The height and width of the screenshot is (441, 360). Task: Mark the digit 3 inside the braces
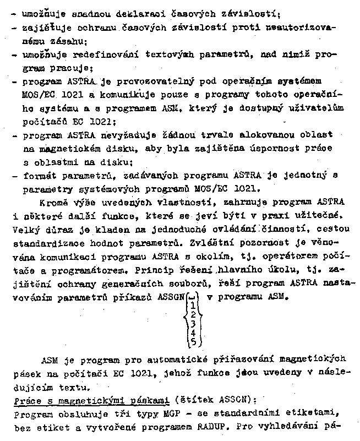tap(193, 324)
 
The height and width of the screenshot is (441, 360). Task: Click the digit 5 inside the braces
tap(193, 342)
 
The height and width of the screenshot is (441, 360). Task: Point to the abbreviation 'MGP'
tap(163, 413)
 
